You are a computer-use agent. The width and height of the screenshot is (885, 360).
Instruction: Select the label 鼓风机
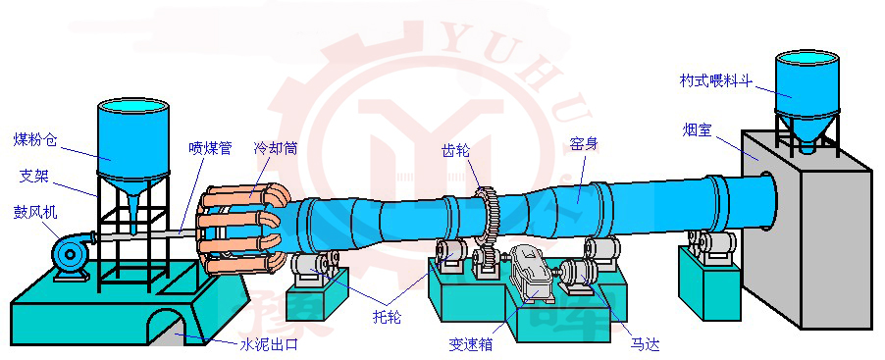coord(33,210)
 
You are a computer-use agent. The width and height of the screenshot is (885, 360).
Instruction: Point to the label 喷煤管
coord(210,148)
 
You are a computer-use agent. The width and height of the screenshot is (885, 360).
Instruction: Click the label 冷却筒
coord(275,148)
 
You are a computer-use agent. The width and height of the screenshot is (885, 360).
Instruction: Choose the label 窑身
coord(584,143)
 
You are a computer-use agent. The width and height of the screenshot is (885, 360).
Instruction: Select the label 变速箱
coord(471,344)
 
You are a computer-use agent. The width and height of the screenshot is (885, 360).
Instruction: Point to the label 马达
coord(645,344)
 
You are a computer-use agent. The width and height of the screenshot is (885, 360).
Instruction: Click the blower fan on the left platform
coord(71,254)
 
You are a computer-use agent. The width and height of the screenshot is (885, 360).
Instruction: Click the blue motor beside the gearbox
coord(586,272)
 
